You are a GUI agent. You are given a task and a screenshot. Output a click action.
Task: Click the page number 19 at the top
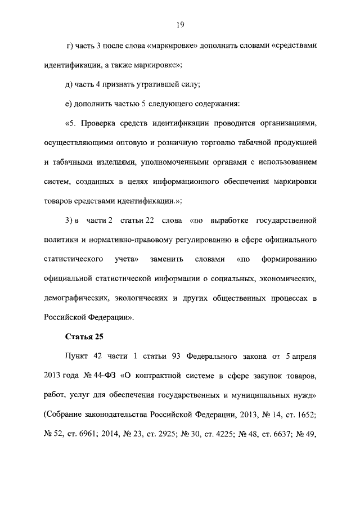[x=179, y=24]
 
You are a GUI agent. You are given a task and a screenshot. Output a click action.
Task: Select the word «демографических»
[x=75, y=298]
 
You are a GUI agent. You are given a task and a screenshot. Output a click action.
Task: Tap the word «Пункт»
[x=76, y=357]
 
